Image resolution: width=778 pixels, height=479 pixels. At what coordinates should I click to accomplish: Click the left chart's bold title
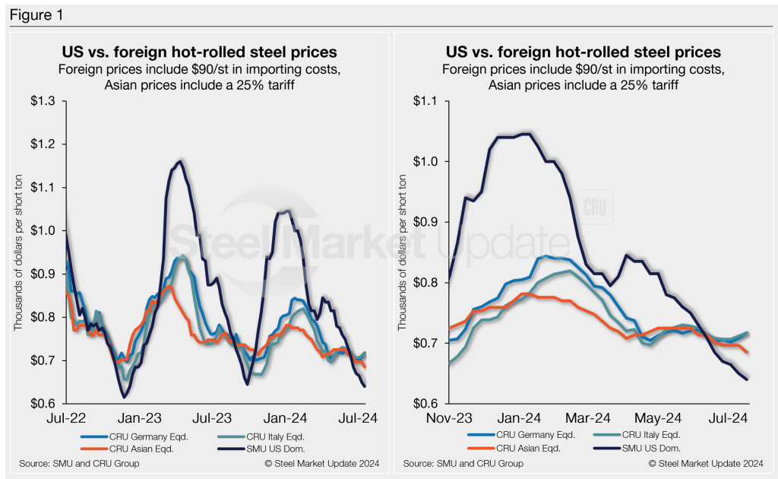pyautogui.click(x=199, y=52)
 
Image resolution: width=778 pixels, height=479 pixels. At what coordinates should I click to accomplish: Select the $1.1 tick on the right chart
pyautogui.click(x=429, y=101)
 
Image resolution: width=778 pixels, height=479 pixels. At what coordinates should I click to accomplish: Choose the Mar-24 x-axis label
pyautogui.click(x=589, y=417)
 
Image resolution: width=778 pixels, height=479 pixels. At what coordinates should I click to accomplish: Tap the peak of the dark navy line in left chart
pyautogui.click(x=179, y=161)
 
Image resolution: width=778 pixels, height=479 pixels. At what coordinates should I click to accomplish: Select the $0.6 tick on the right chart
pyautogui.click(x=429, y=404)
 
